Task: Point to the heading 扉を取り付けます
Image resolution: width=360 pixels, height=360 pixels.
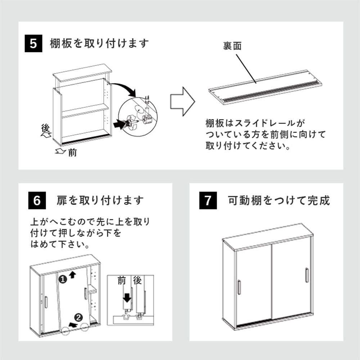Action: pyautogui.click(x=100, y=201)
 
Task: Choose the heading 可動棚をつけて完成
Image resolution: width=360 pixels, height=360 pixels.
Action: pyautogui.click(x=279, y=201)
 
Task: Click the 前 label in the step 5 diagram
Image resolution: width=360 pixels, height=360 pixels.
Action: pyautogui.click(x=72, y=153)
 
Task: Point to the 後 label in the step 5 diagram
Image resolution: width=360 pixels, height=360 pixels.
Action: pyautogui.click(x=45, y=128)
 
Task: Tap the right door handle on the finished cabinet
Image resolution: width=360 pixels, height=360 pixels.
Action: pyautogui.click(x=306, y=275)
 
